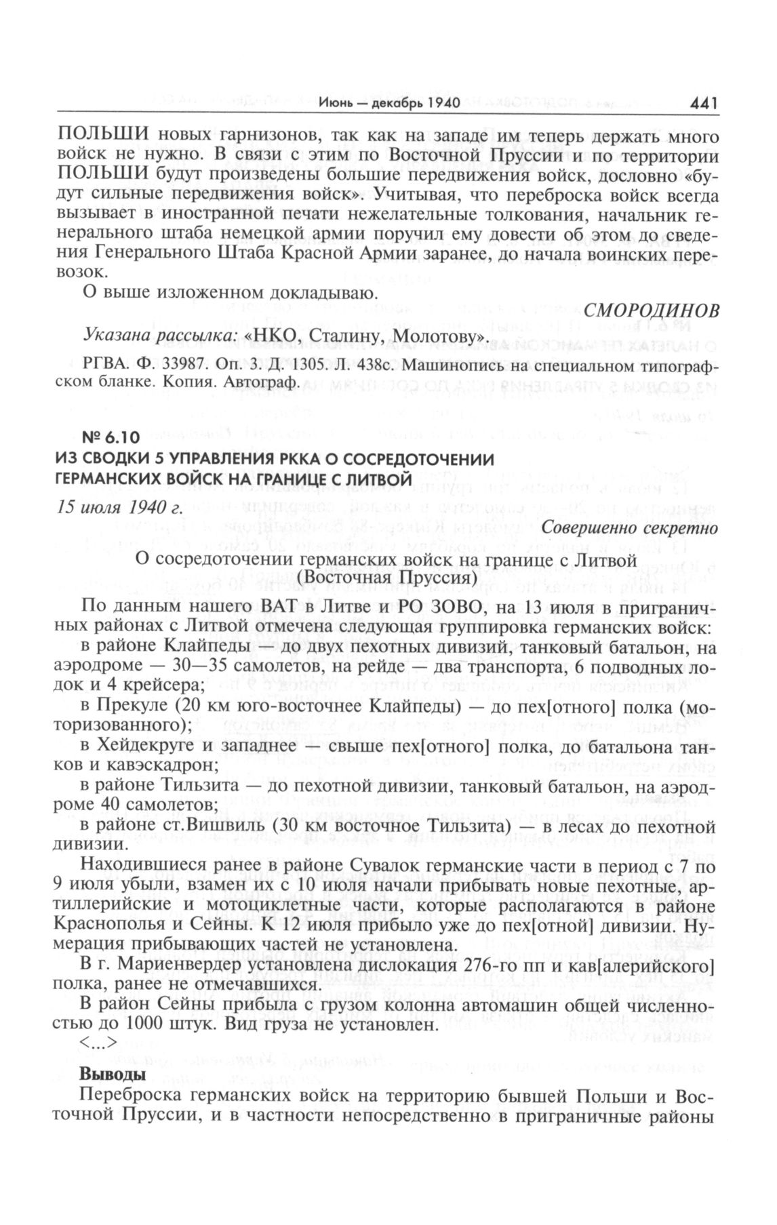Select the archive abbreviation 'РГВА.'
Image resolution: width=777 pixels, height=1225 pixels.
coord(100,365)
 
